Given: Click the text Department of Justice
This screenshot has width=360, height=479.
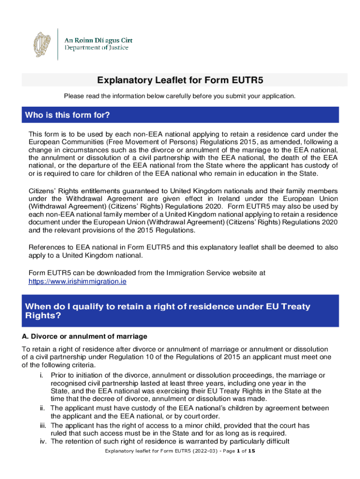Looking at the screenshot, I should (x=96, y=48).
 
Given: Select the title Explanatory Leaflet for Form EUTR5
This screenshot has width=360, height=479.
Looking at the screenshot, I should (x=180, y=80).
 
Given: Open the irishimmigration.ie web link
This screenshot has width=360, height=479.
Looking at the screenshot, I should (x=77, y=282).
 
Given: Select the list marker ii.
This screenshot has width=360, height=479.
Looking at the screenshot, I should (x=42, y=408).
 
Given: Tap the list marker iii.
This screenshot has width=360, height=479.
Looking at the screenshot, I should (x=41, y=425).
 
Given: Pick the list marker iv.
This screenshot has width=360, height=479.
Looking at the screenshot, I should (x=42, y=442).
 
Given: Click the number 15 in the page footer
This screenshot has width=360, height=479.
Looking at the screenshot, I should (x=251, y=451).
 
